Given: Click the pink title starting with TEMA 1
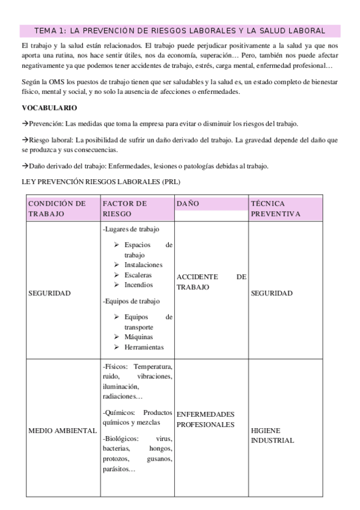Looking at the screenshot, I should point(180,30).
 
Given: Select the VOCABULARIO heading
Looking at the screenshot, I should point(49,108).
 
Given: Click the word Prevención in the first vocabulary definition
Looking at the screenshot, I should point(45,123).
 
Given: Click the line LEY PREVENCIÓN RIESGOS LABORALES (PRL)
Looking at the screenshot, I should point(100,182).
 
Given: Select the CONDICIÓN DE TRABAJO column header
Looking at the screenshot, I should point(57,209).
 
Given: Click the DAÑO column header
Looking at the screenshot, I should point(188,204).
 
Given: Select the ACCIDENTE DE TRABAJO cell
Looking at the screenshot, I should point(211,282).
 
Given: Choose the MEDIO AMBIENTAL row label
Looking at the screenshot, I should point(63,431).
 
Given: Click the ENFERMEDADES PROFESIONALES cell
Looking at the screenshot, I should point(206,420).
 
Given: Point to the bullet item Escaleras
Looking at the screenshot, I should point(138,275).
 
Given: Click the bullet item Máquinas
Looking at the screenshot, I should point(139,337).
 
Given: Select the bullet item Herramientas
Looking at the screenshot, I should point(144,347).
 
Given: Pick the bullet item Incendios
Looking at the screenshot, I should point(139,284).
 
